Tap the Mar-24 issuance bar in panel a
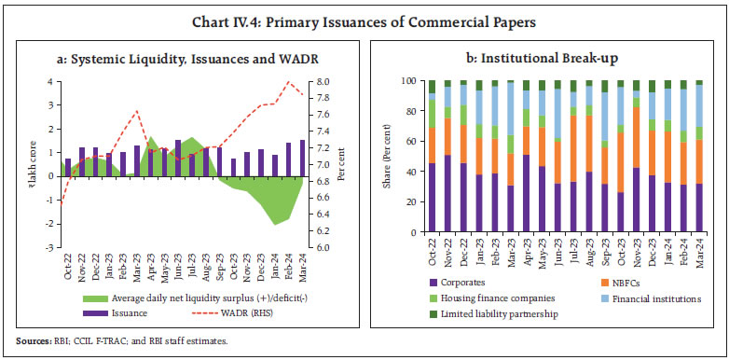(303, 159)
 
